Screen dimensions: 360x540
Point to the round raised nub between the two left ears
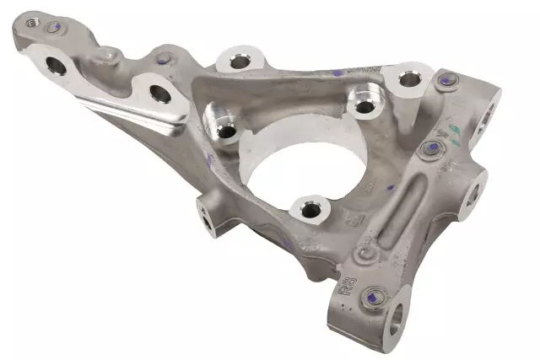[x=105, y=55]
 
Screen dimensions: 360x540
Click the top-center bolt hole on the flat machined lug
[x=237, y=61]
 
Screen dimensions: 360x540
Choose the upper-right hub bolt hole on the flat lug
[x=409, y=80]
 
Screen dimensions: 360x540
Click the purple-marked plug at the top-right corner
[x=447, y=82]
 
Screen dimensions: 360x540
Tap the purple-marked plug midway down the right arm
[x=432, y=149]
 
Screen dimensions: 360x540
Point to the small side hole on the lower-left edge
[x=206, y=218]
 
